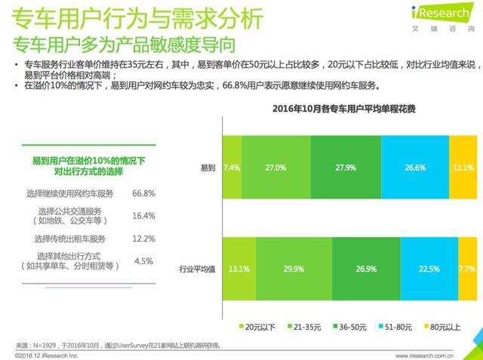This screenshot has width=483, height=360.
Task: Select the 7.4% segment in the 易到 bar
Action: coord(232,167)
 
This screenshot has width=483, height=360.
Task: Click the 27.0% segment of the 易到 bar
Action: coord(276,167)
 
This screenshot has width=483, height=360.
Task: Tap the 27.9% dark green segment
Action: coord(346,167)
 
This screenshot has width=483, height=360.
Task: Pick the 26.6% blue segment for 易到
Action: coord(414,167)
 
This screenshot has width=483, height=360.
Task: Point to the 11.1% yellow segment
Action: coord(463,167)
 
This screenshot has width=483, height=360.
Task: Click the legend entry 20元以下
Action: coord(257,327)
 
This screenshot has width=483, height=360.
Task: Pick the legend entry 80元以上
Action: coord(443,327)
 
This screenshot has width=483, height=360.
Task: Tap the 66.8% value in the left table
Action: coord(143,194)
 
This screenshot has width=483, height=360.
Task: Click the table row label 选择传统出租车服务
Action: coord(73,238)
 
